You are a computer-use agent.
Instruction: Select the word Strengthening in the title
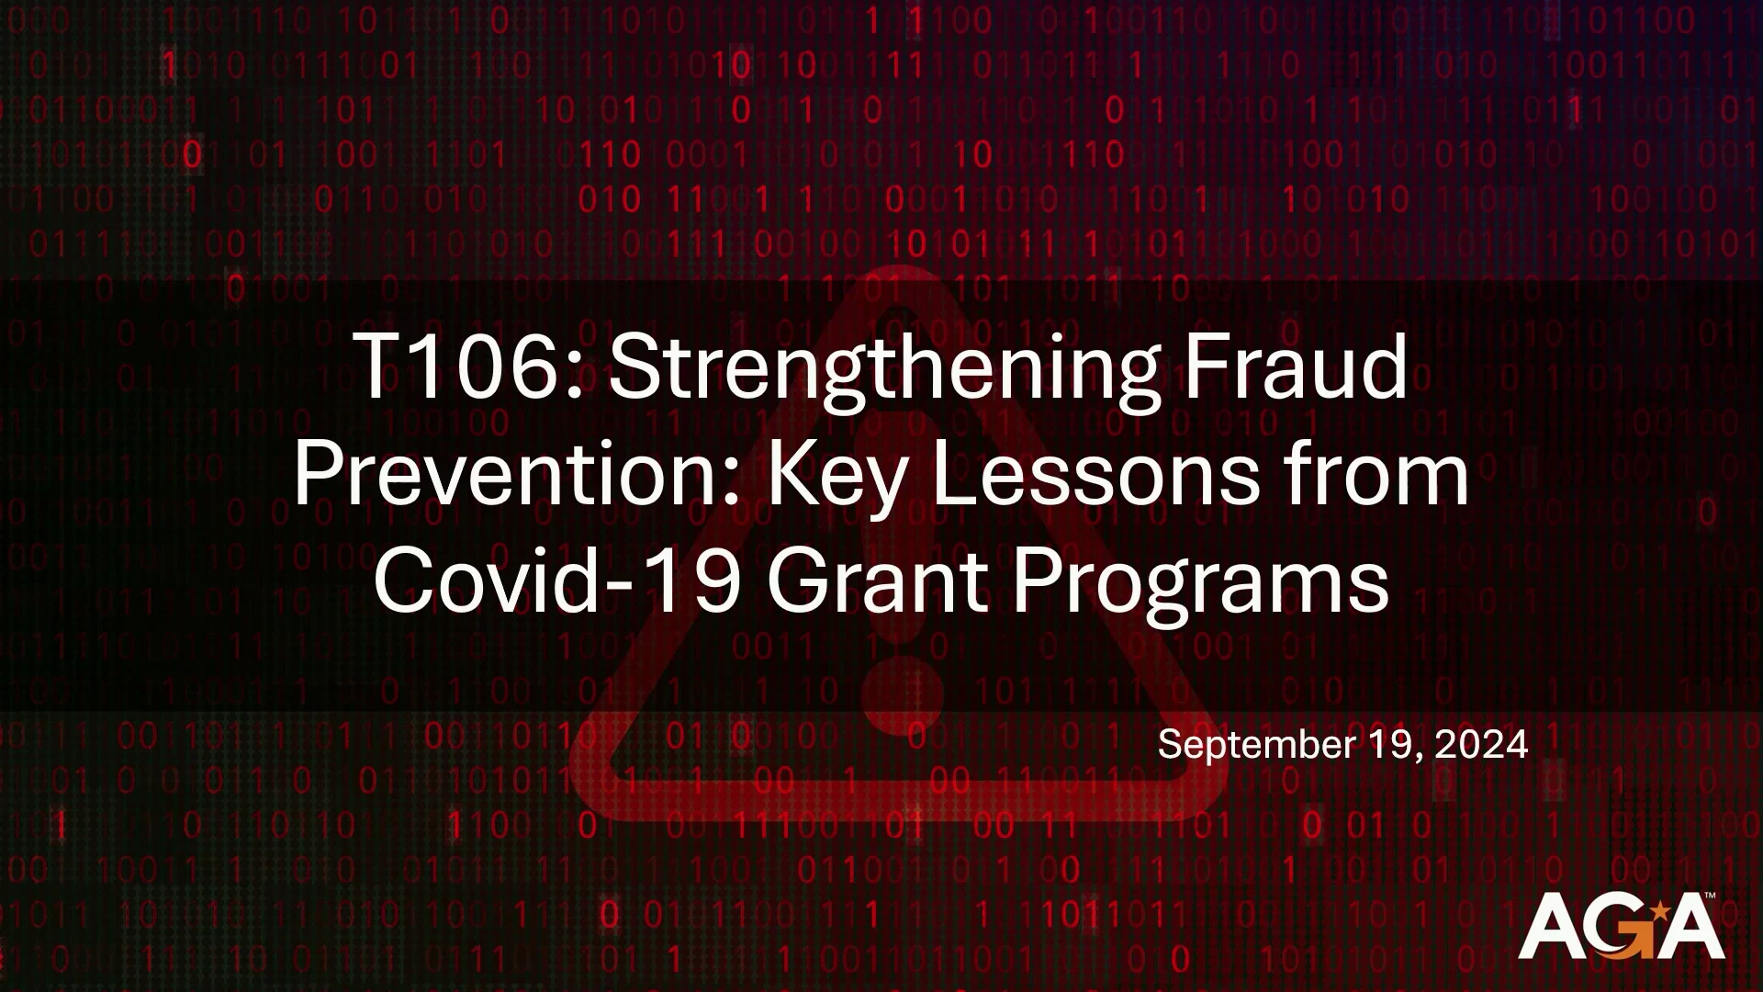(882, 372)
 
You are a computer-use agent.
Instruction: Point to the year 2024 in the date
(1481, 743)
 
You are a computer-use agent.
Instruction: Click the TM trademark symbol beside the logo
(1710, 895)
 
